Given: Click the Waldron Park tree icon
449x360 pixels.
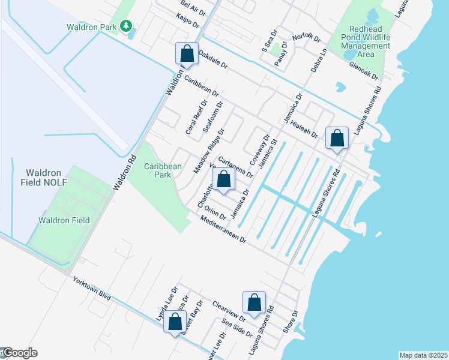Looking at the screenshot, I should click(x=125, y=25).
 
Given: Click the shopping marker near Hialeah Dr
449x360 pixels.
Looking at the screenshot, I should click(x=337, y=138).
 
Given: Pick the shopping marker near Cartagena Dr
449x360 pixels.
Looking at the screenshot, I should click(x=223, y=179).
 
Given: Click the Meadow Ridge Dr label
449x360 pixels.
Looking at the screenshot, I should click(x=208, y=151).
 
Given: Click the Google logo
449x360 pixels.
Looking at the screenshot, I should click(x=19, y=353).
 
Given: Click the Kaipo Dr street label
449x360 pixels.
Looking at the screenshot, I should click(x=187, y=21).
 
